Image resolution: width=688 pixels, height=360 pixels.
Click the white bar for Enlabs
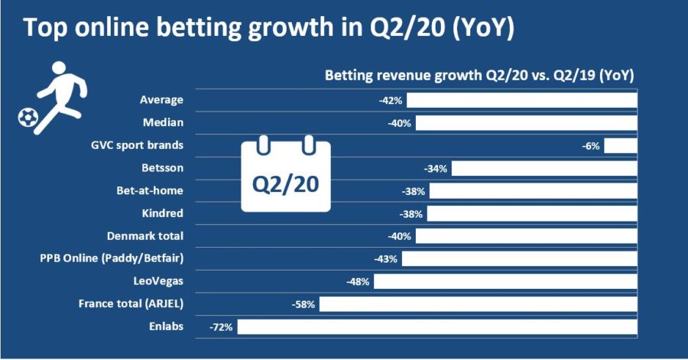[438, 326]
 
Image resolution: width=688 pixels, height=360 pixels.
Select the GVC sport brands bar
[621, 145]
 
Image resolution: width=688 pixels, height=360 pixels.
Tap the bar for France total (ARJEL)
[479, 304]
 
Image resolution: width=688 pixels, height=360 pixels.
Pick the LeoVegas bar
[505, 281]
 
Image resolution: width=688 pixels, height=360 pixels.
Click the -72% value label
[222, 326]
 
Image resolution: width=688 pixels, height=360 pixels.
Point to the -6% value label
[591, 145]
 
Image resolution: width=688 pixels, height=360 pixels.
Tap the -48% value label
[358, 281]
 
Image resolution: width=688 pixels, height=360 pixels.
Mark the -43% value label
[386, 259]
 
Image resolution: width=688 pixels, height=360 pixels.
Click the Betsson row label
[163, 167]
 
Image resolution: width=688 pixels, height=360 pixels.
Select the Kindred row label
[163, 213]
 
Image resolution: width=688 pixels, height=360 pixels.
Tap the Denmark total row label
[144, 236]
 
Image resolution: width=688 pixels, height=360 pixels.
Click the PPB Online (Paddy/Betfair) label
[112, 258]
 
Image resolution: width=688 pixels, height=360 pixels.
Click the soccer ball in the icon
[28, 117]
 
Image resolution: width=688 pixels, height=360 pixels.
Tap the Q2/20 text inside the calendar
[286, 184]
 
